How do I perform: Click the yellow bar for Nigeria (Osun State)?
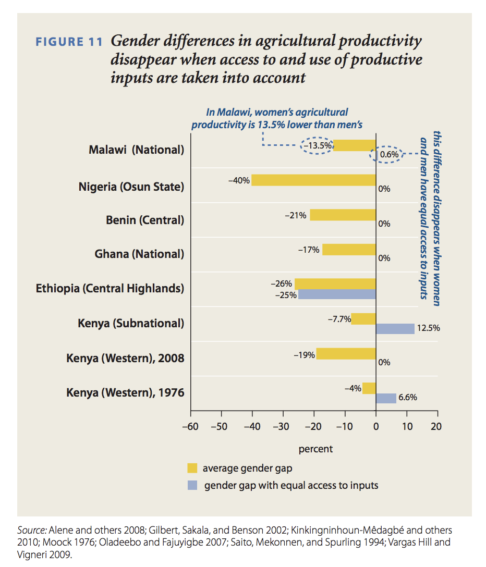pos(313,180)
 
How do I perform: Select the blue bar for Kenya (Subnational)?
pos(395,328)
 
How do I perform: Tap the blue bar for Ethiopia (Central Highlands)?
pos(337,294)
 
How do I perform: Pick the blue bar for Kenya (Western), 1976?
pos(386,398)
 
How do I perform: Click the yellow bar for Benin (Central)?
pos(343,215)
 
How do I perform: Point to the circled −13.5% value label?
pos(318,145)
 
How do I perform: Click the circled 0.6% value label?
pos(388,155)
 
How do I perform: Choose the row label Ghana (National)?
pos(139,254)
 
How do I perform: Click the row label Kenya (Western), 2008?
pos(125,359)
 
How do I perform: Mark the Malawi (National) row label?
pos(137,150)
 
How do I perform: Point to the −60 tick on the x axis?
pos(190,426)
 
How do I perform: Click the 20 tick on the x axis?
pos(436,426)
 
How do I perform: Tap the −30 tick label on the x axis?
pos(282,426)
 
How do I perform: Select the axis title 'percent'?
pos(315,449)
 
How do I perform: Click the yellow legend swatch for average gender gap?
pos(192,467)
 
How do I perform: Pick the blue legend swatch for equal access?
pos(192,485)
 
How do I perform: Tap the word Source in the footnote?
pos(32,530)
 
